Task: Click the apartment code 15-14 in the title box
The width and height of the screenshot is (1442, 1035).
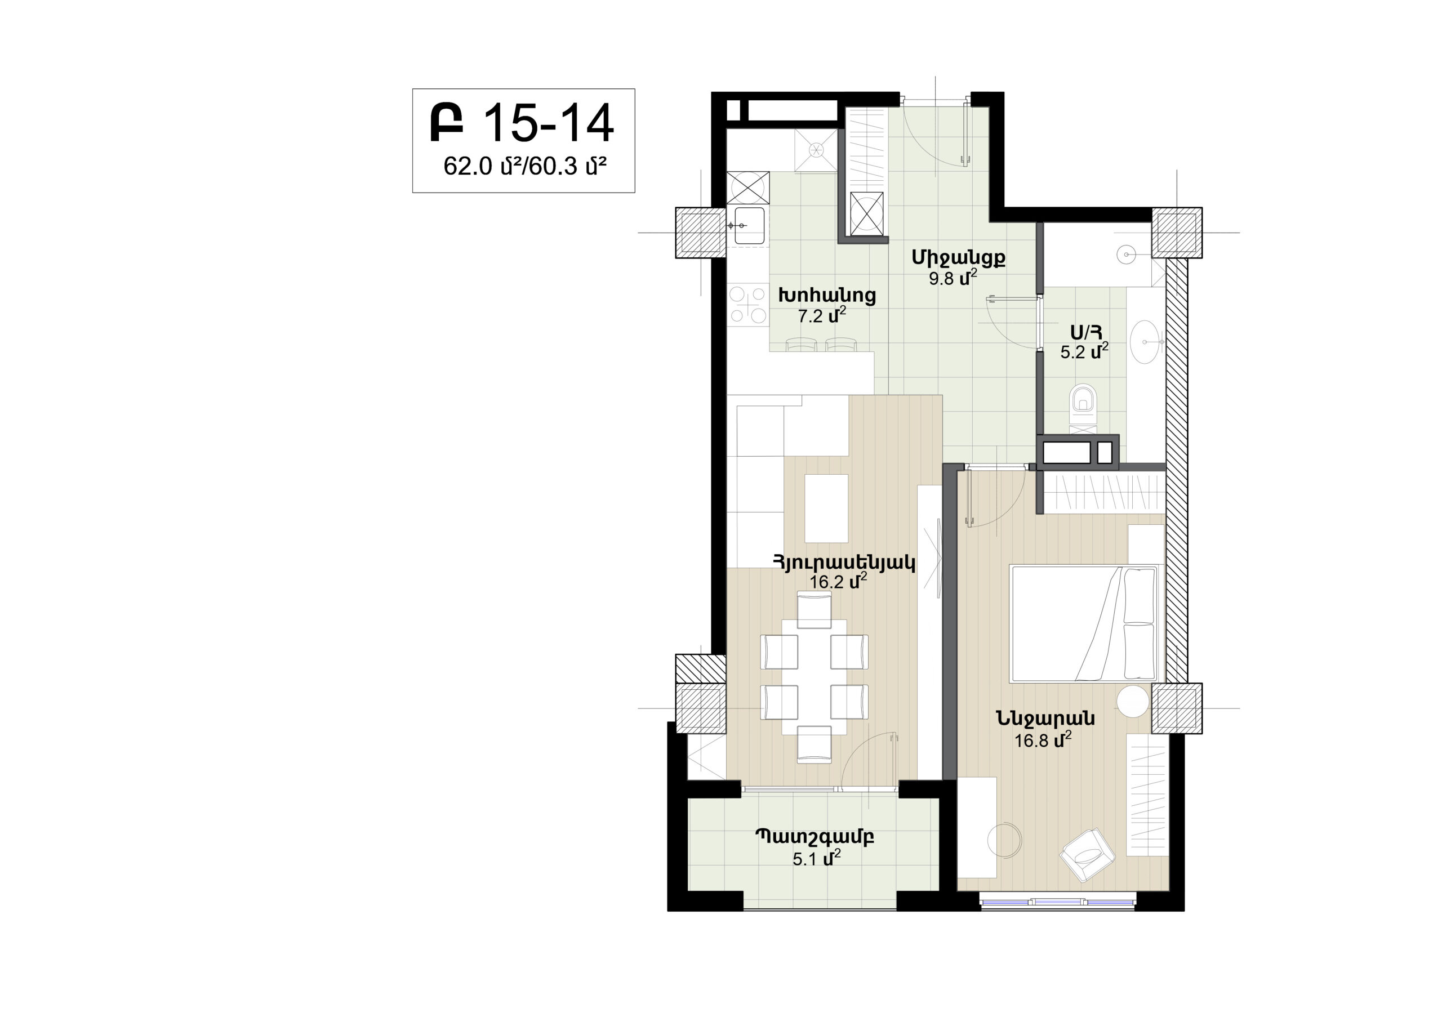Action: click(x=549, y=123)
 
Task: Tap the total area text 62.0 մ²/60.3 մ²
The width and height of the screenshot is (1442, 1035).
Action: click(x=524, y=167)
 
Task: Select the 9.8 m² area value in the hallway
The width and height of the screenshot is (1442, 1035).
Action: click(x=953, y=278)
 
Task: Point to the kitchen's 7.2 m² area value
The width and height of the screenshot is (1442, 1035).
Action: click(x=822, y=315)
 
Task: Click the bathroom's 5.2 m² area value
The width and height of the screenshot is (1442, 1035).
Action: click(x=1084, y=351)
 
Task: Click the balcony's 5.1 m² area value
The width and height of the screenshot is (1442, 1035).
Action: click(x=816, y=858)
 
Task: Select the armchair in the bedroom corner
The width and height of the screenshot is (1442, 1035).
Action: click(x=1087, y=854)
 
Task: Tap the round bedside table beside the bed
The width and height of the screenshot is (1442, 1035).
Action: click(x=1132, y=702)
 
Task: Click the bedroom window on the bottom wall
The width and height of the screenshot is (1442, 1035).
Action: click(x=1057, y=902)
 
